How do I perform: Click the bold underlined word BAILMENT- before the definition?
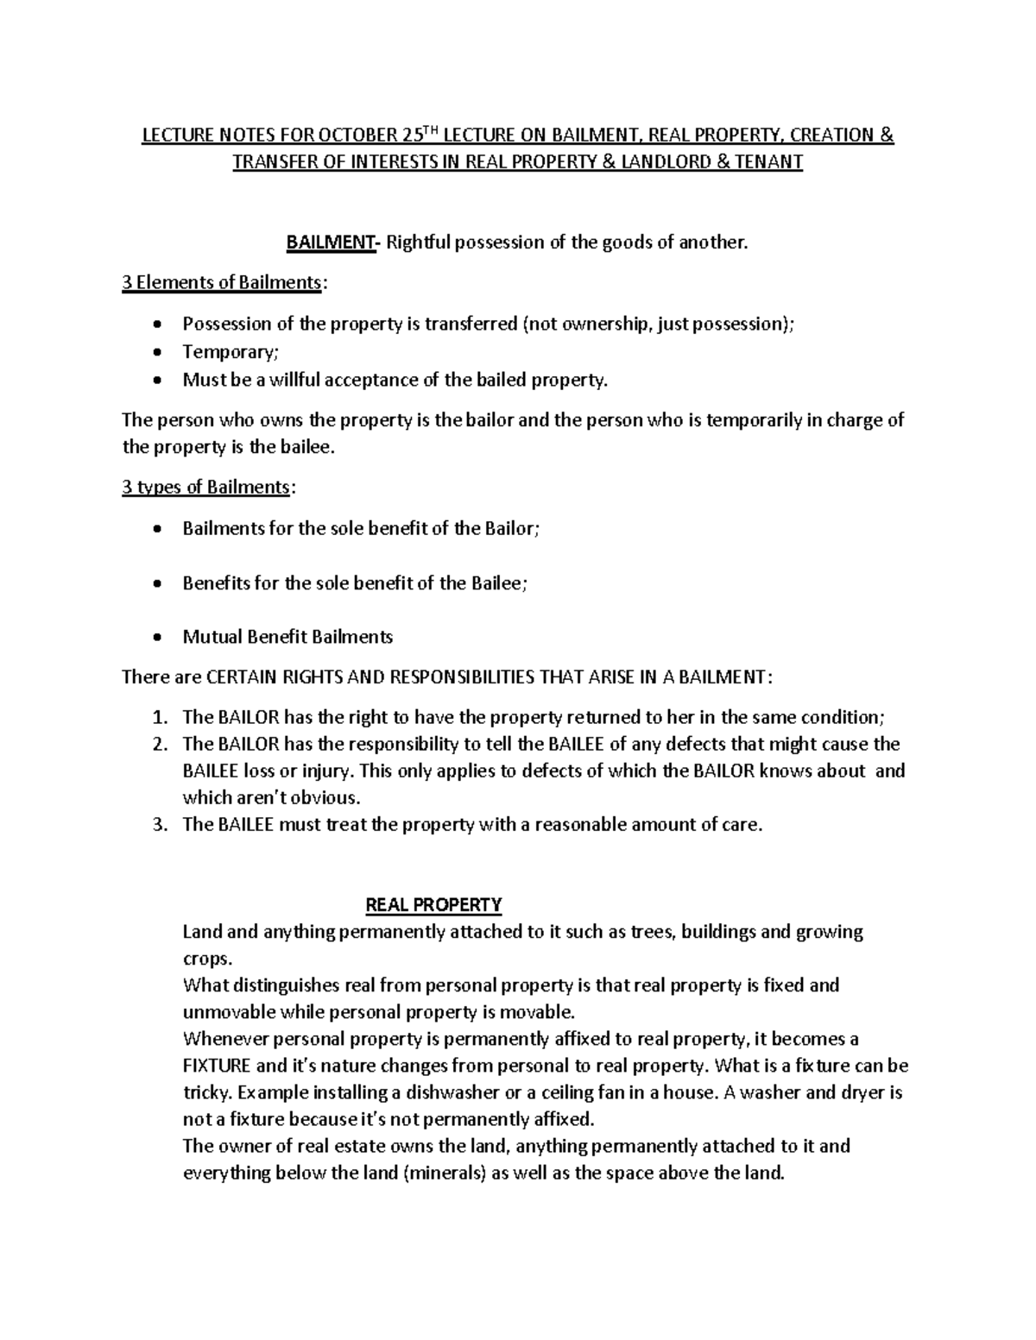coord(332,242)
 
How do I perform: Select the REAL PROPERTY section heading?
coord(434,905)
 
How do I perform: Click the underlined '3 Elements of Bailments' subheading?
coord(223,282)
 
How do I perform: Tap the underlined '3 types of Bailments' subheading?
coord(206,488)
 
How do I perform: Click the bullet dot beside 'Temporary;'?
coord(155,353)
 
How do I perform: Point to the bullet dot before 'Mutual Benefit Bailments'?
coord(155,639)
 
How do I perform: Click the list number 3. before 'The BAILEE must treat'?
coord(158,825)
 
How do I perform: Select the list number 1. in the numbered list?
coord(158,718)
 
